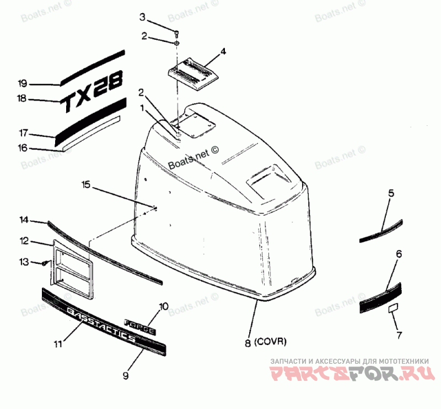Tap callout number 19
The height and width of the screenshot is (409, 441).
point(22,84)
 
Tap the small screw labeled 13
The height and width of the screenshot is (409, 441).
point(44,263)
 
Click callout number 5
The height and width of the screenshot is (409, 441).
point(391,193)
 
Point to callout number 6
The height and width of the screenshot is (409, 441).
point(399,254)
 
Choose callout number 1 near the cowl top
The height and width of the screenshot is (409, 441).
point(142,108)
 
